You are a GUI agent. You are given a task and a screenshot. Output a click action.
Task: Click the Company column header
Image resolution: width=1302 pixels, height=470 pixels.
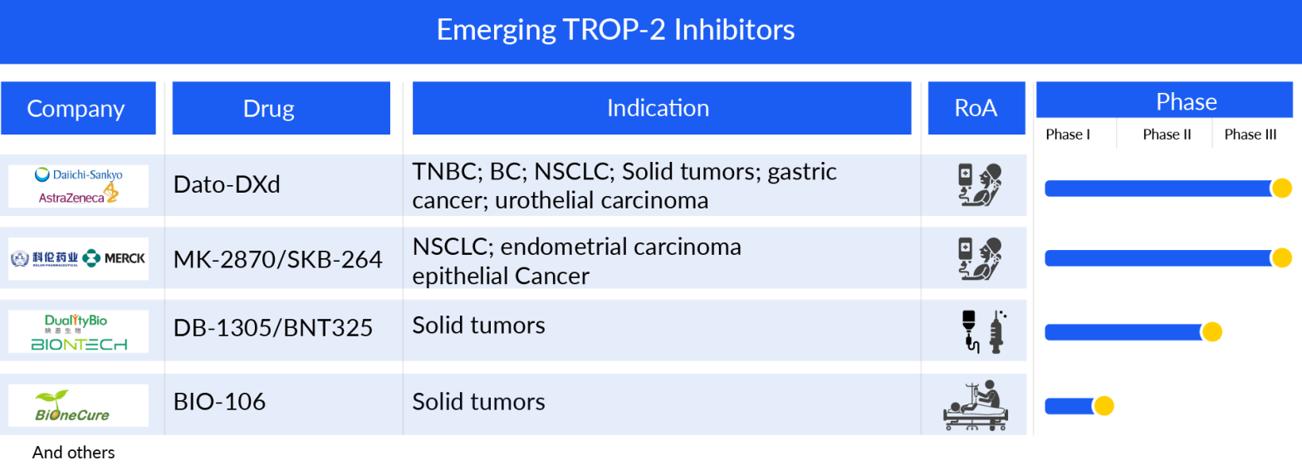pos(77,108)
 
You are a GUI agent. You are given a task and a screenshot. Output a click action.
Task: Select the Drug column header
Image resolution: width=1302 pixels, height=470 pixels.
pos(281,108)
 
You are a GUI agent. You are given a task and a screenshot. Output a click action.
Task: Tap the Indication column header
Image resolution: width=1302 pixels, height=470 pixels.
pos(661,108)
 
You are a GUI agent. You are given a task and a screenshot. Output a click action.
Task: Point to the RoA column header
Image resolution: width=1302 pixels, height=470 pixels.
pos(976,108)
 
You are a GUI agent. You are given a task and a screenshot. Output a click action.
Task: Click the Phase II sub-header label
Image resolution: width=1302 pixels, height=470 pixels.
pos(1167,135)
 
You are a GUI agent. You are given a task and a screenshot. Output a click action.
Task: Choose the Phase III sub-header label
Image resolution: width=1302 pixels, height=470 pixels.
pos(1250,135)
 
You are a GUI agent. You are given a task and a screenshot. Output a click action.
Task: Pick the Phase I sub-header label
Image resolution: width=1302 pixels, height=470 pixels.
pos(1068,135)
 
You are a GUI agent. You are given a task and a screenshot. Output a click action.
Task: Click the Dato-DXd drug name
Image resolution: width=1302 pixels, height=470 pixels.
pos(227,184)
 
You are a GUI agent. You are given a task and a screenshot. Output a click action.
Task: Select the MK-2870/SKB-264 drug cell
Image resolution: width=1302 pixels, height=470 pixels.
pos(277,259)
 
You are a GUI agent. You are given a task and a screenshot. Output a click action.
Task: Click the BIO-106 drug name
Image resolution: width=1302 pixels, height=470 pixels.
pos(219,403)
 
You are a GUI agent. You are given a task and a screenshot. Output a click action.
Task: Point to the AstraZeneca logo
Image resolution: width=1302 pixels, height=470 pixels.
pos(78,196)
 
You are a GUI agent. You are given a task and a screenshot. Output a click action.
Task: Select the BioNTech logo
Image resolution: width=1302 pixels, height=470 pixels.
pos(79,344)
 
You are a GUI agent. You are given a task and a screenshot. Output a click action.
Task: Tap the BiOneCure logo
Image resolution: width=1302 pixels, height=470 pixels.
pos(72,406)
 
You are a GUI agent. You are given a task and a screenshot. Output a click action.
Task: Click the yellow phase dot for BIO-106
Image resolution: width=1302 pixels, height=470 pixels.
pos(1103,406)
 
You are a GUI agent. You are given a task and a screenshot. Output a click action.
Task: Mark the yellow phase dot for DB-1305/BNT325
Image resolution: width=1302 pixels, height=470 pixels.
pos(1211,332)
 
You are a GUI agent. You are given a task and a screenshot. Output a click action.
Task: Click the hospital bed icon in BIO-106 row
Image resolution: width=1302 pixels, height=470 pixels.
pos(976,404)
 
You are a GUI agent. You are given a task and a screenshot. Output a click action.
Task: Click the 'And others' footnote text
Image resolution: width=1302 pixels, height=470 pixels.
pos(73,453)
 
